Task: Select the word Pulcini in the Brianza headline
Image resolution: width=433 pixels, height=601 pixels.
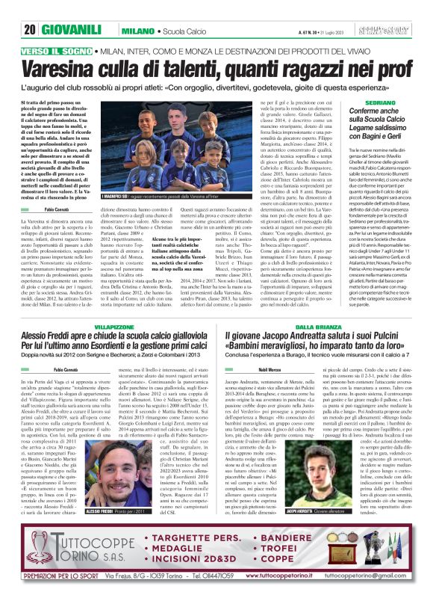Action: coord(386,317)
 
